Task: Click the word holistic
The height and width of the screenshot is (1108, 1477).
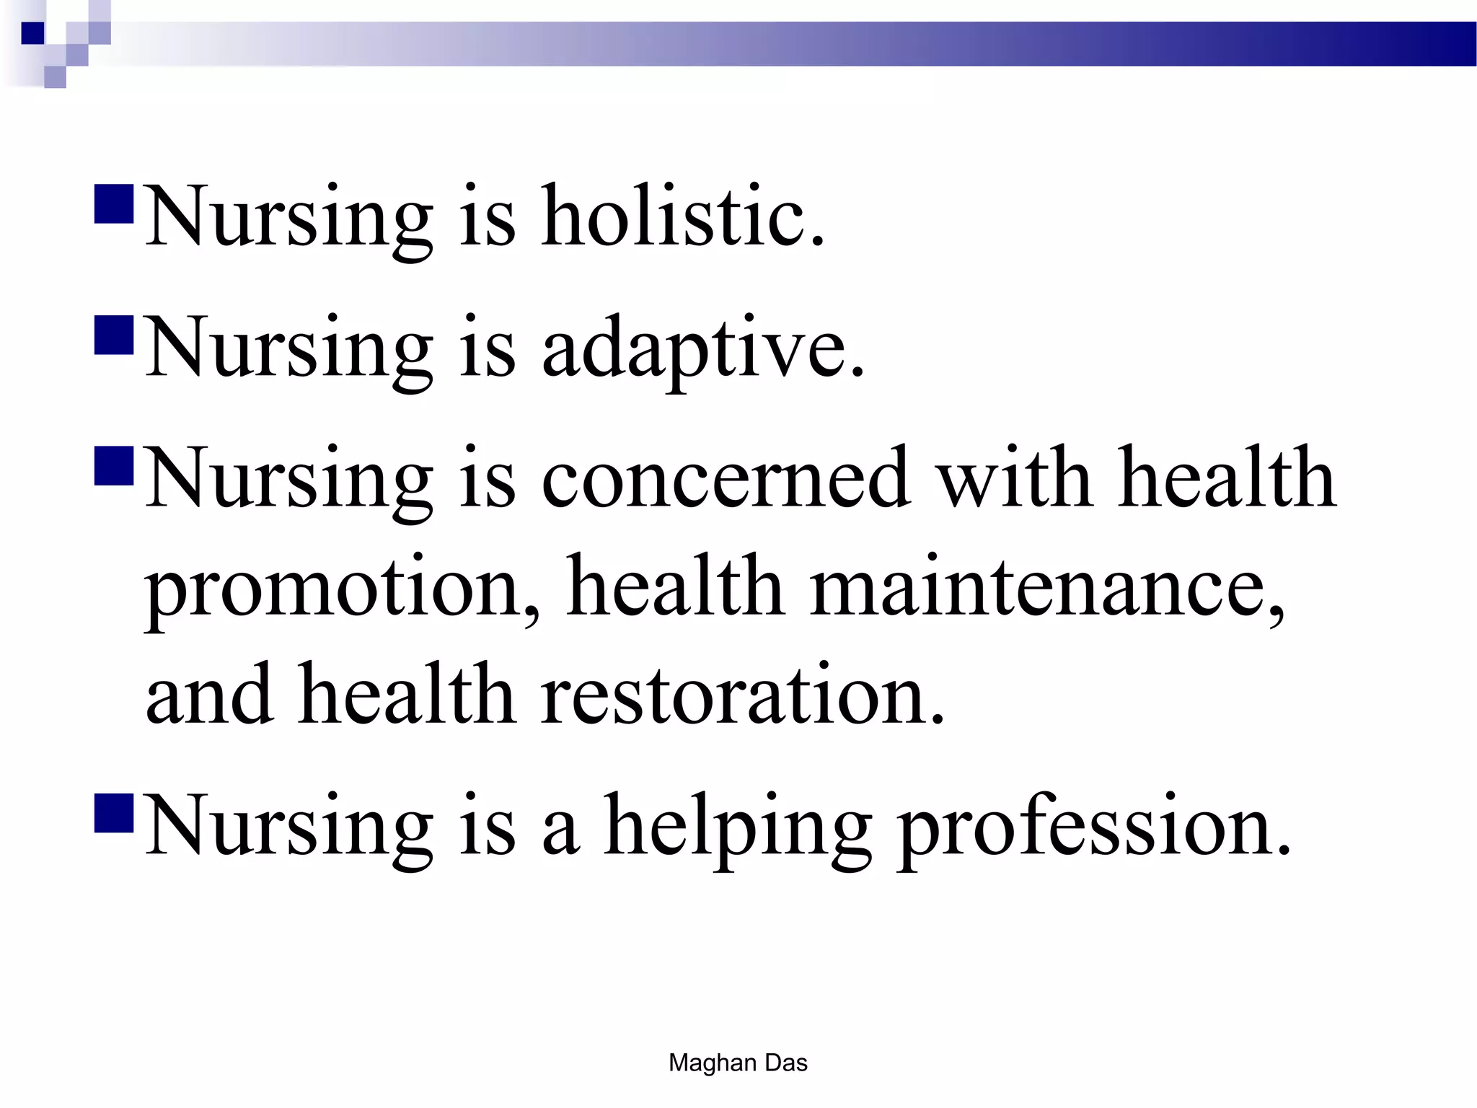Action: point(682,216)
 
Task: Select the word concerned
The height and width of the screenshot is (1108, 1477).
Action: point(725,479)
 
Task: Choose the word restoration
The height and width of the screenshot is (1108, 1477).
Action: point(743,696)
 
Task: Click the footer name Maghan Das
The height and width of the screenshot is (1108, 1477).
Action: point(738,1063)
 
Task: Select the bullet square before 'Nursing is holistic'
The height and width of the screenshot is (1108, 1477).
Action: point(114,205)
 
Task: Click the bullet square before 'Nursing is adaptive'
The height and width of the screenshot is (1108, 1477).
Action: point(114,335)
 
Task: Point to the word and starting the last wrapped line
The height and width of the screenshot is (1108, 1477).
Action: point(209,696)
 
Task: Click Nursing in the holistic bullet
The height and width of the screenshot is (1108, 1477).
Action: point(289,216)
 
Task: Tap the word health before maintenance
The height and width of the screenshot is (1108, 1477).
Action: point(675,588)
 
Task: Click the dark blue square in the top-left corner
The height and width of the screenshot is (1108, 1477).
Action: point(32,33)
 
